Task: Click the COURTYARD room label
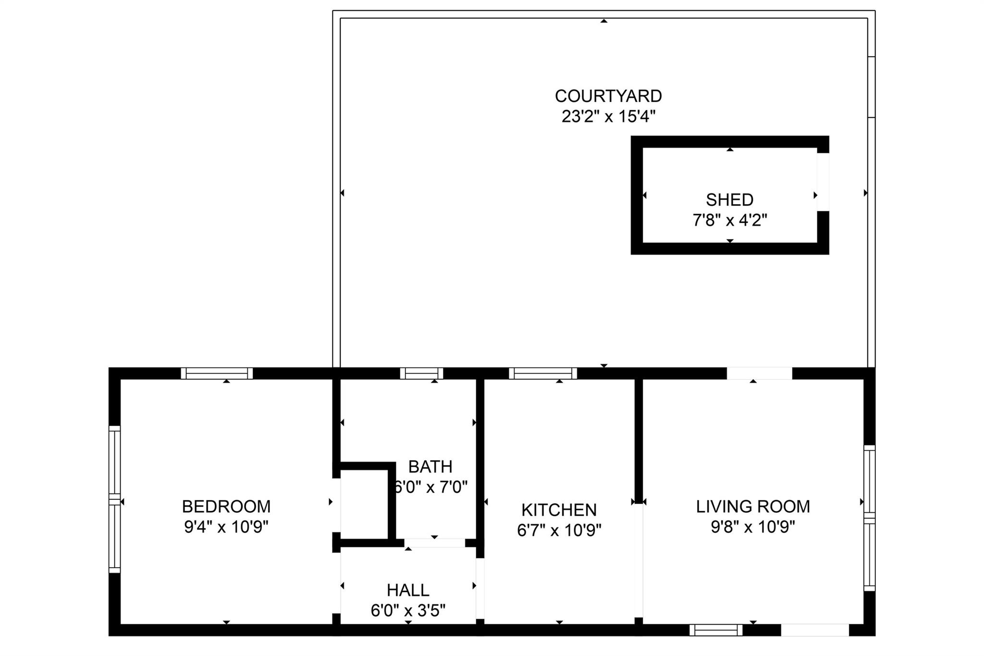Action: coord(608,96)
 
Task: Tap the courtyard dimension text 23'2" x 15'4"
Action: coord(608,116)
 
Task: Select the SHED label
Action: coord(729,199)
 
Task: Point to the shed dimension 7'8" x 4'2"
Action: coord(729,220)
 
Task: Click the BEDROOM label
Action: coord(226,507)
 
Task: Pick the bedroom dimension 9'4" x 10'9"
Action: coord(226,527)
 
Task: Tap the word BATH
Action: coord(430,467)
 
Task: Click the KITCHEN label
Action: coord(559,509)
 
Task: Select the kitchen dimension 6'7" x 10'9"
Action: coord(559,530)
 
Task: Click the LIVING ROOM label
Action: coord(753,507)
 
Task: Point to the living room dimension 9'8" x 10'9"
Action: coord(753,527)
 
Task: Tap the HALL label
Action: coord(408,590)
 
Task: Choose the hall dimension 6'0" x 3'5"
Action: coord(408,611)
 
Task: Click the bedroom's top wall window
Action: coord(217,373)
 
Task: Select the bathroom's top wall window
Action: coord(421,373)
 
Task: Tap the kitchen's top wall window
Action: coord(543,373)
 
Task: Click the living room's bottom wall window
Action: coord(716,630)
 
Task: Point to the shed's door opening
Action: coord(823,182)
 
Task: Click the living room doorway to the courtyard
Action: coord(759,373)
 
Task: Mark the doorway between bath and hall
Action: coord(434,543)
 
